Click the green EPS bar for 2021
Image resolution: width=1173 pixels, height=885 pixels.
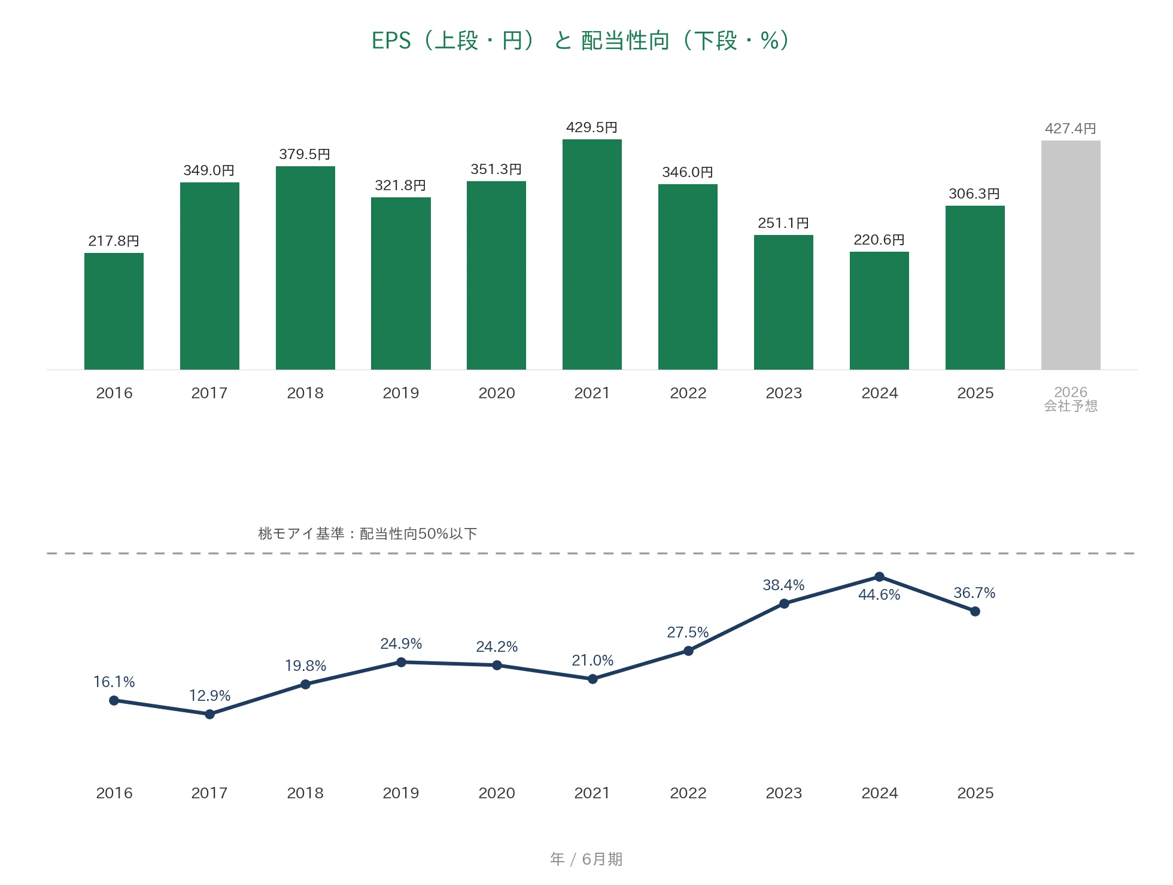592,254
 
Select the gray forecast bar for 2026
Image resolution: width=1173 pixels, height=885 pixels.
1071,255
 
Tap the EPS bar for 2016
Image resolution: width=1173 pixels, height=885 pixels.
114,311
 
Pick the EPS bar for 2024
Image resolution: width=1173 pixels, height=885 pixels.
879,310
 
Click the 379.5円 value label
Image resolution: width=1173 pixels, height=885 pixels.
305,154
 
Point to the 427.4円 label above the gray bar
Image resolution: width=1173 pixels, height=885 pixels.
1071,129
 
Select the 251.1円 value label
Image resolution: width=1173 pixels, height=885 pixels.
783,223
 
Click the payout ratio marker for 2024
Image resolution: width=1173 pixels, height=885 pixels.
879,576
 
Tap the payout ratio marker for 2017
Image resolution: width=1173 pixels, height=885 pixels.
209,714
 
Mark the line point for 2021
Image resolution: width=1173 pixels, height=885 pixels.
592,679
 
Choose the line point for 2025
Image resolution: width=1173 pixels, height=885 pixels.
975,611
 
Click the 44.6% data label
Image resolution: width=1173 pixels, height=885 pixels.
879,594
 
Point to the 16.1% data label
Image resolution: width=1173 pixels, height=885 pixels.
114,682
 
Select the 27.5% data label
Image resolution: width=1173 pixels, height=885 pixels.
688,632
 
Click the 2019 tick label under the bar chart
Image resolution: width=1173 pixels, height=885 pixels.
401,393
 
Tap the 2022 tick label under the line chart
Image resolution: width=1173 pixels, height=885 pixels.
688,793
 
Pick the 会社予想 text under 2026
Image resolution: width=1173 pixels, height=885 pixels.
1071,406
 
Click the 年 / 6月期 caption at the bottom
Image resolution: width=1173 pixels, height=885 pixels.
586,859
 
